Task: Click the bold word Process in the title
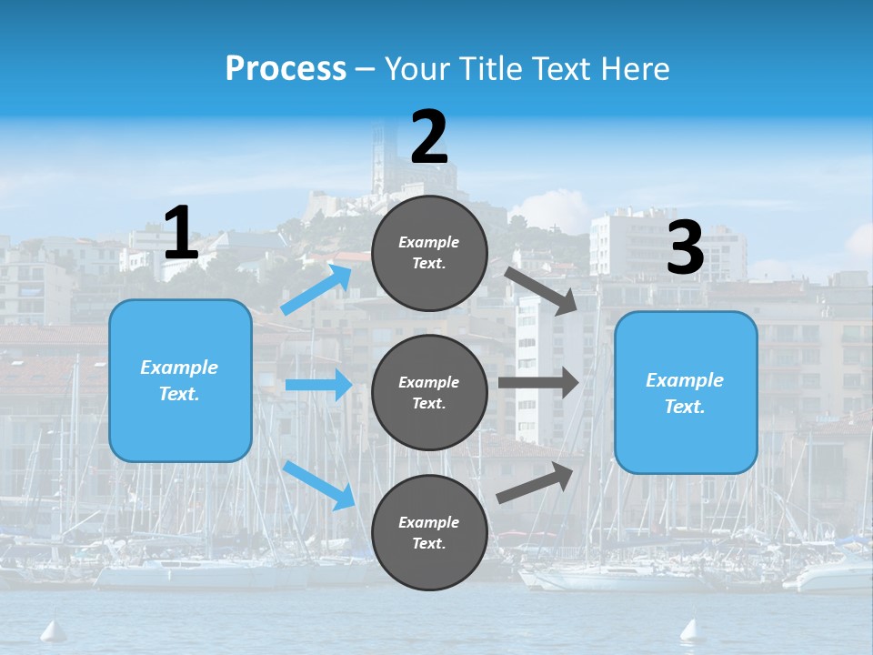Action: click(286, 68)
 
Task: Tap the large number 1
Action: click(181, 233)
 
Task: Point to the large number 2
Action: click(429, 137)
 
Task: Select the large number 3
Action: click(685, 247)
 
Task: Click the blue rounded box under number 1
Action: click(180, 380)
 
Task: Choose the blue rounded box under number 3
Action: click(686, 393)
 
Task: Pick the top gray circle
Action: click(429, 253)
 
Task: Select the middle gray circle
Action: click(429, 392)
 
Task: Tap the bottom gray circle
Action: click(429, 532)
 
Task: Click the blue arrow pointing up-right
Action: click(316, 289)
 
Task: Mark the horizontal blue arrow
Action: click(318, 385)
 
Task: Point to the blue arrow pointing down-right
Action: click(318, 485)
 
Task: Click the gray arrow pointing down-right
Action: click(542, 290)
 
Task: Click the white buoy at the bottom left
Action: click(54, 629)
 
